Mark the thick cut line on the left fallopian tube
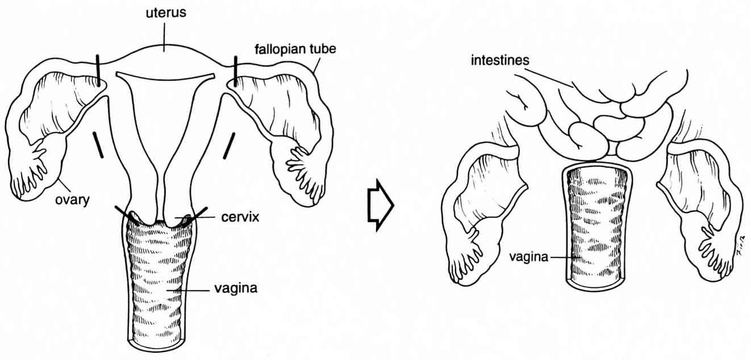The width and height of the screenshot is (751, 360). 98,70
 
